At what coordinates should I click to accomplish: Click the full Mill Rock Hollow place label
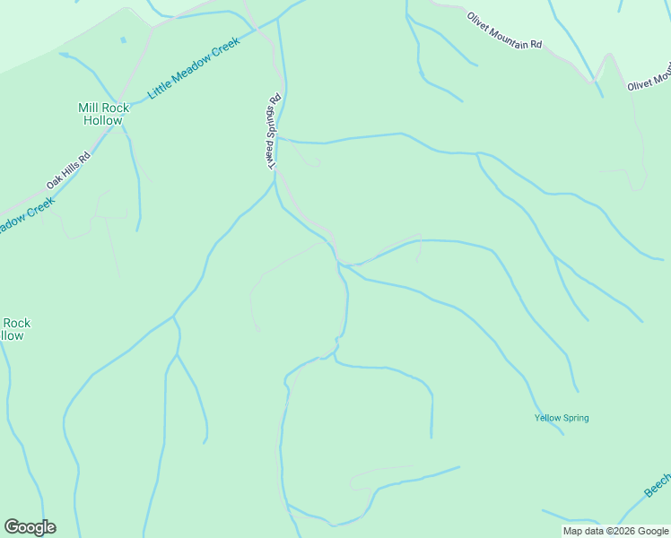point(103,114)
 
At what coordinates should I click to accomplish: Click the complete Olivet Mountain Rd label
point(504,31)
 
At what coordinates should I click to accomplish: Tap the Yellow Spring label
point(562,418)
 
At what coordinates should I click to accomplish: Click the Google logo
point(30,527)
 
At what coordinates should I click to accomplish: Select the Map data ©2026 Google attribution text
point(615,531)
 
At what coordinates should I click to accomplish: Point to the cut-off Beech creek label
point(658,485)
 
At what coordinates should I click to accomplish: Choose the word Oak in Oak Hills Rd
point(55,182)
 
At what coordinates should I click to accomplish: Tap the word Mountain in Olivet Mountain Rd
point(511,34)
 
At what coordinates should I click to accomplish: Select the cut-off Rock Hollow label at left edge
point(13,329)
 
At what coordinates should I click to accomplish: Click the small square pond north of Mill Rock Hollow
point(123,40)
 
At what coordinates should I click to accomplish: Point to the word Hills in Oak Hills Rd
point(71,169)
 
